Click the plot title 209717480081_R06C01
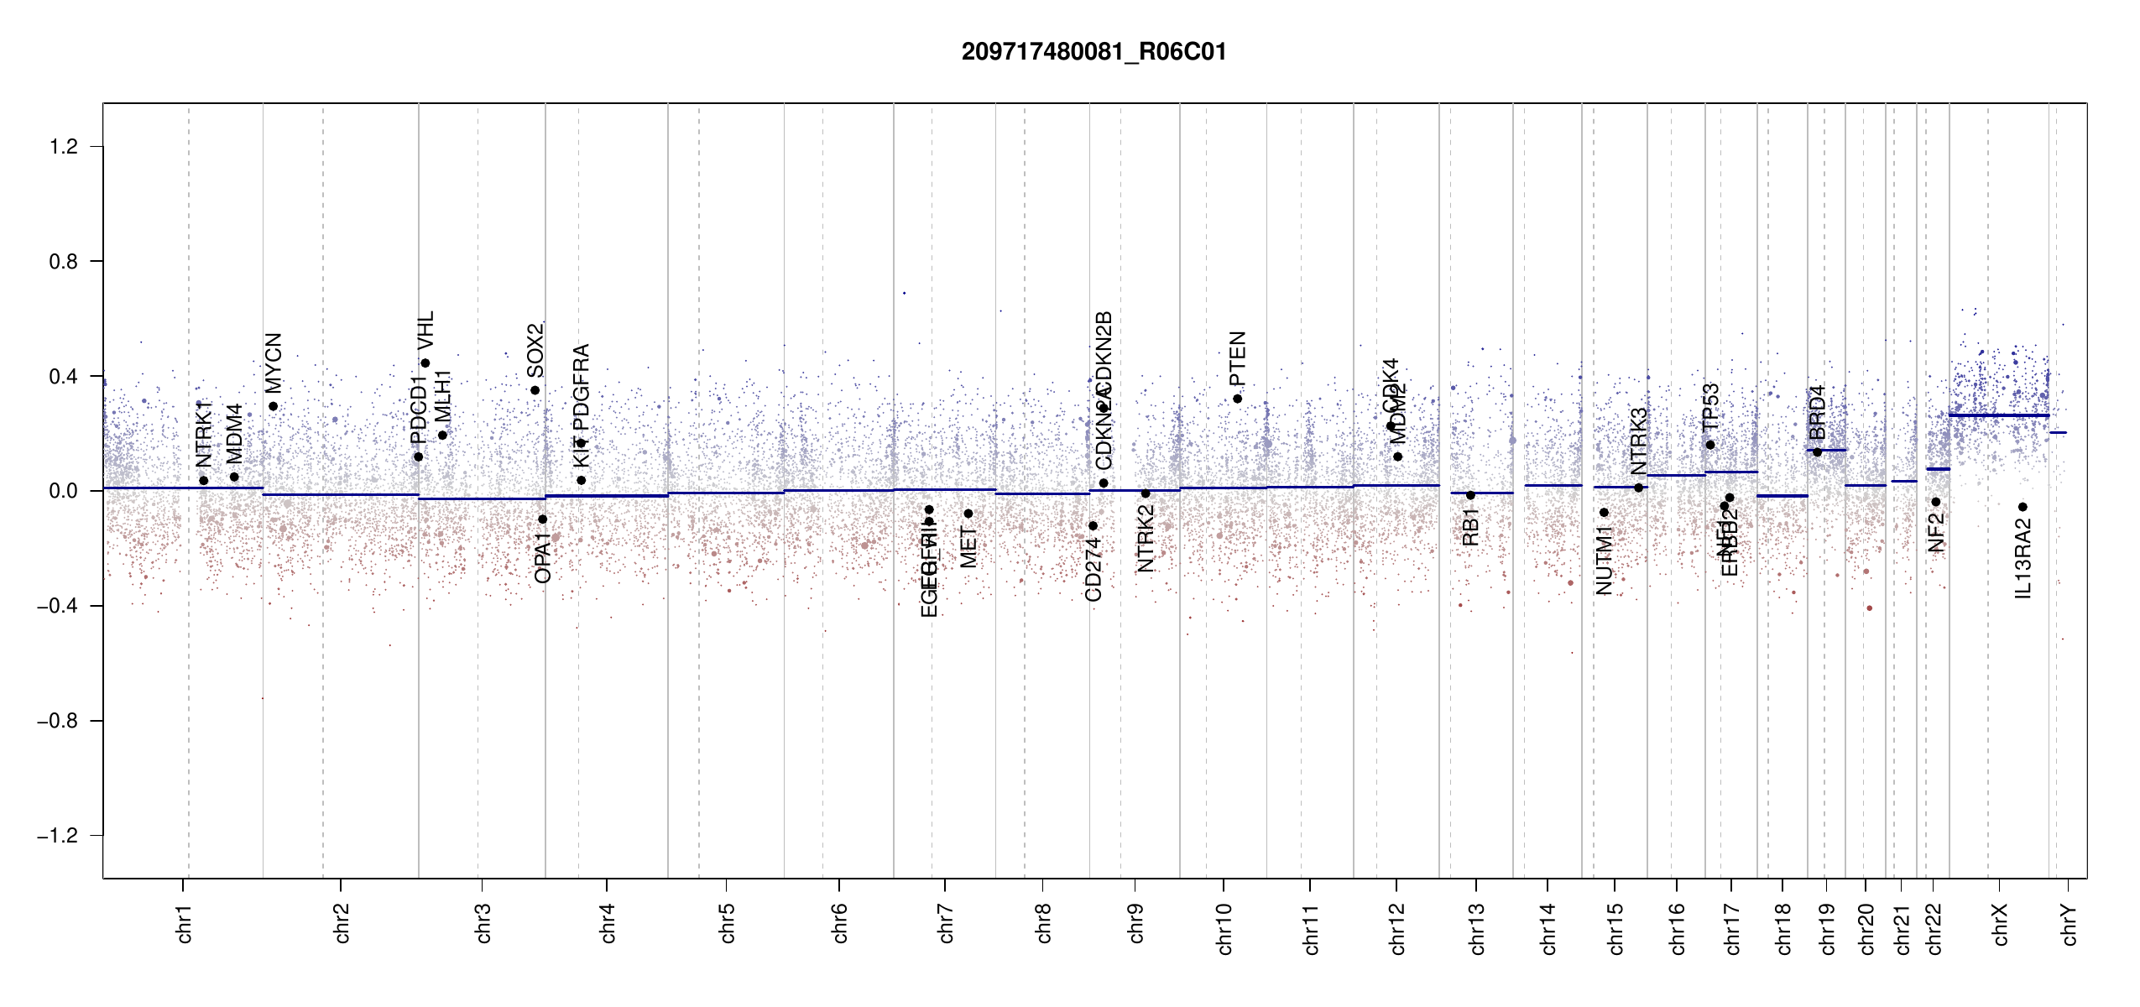(x=1093, y=52)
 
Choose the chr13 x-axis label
(x=1477, y=928)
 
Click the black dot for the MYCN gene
(x=273, y=407)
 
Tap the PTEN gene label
(x=1237, y=358)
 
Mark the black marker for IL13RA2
(x=2023, y=507)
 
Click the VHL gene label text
(x=426, y=331)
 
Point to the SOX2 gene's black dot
(x=535, y=390)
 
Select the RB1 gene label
(x=1470, y=527)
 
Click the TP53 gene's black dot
(x=1710, y=445)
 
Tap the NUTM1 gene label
(x=1604, y=561)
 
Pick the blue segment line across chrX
(x=1998, y=415)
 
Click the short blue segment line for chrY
(x=2058, y=433)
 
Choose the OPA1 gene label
(x=543, y=557)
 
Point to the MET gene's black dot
(x=968, y=514)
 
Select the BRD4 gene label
(x=1818, y=413)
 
